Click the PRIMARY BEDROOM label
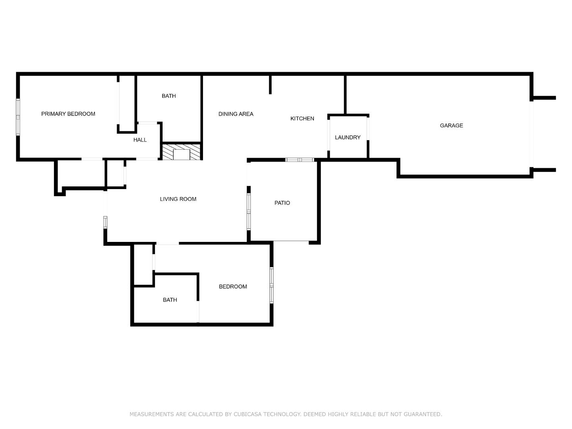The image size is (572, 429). pyautogui.click(x=68, y=114)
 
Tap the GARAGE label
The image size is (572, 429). pyautogui.click(x=451, y=126)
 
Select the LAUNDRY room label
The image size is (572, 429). pyautogui.click(x=348, y=137)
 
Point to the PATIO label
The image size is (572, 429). pyautogui.click(x=282, y=203)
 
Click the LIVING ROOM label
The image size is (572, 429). pyautogui.click(x=178, y=199)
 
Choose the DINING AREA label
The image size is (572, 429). pyautogui.click(x=236, y=114)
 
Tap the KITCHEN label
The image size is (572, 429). pyautogui.click(x=302, y=118)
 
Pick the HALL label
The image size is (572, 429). pyautogui.click(x=140, y=140)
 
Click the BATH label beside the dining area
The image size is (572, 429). pyautogui.click(x=168, y=96)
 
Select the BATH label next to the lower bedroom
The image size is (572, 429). pyautogui.click(x=170, y=300)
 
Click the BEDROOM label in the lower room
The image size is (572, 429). pyautogui.click(x=233, y=286)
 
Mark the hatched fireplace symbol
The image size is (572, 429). pyautogui.click(x=182, y=152)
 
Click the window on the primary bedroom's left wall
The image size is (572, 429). pyautogui.click(x=18, y=117)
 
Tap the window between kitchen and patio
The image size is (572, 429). pyautogui.click(x=300, y=160)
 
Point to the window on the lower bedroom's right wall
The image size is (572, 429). pyautogui.click(x=272, y=285)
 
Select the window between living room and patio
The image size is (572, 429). pyautogui.click(x=249, y=211)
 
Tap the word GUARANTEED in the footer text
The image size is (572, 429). pyautogui.click(x=422, y=414)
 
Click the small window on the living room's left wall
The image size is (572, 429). pyautogui.click(x=105, y=222)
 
